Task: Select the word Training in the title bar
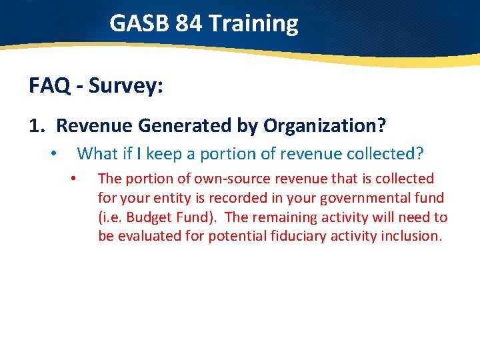[x=253, y=23]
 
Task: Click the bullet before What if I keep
[x=53, y=154]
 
